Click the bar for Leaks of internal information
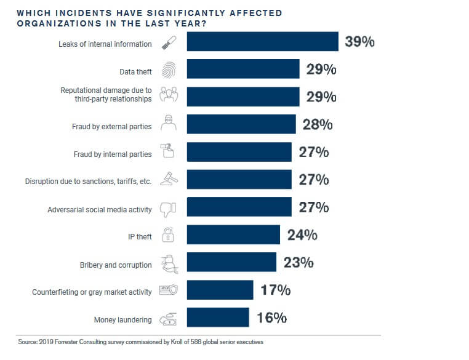pos(262,42)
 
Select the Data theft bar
pos(243,69)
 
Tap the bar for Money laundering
pos(218,318)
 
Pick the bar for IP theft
pos(233,234)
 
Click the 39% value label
pos(359,42)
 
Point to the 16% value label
pos(271,318)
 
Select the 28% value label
pos(318,124)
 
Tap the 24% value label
pos(302,234)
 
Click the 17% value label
pos(275,290)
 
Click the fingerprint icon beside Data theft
pos(168,70)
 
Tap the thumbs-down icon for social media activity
pos(168,209)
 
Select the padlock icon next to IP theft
pos(168,235)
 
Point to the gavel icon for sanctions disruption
pos(168,180)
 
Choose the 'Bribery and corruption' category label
pos(116,265)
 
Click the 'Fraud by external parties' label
pos(112,127)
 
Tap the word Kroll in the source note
pos(159,342)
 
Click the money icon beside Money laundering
pos(168,319)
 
